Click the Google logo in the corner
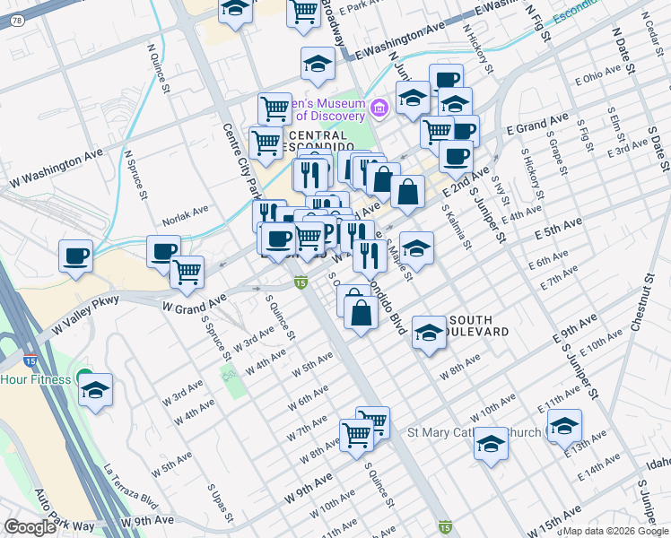(x=30, y=527)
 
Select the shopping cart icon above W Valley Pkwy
(x=187, y=270)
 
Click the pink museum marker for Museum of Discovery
(x=379, y=109)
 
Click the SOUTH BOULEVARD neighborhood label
(x=479, y=325)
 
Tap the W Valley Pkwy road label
(x=85, y=319)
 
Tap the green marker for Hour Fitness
(x=83, y=379)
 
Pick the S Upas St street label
(x=221, y=503)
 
